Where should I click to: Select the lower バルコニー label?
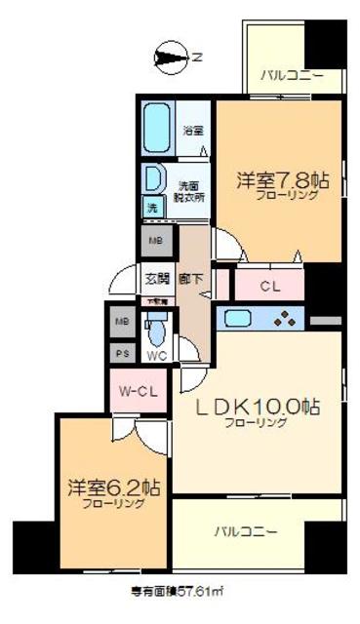click(x=245, y=532)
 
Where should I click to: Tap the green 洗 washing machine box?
click(x=151, y=208)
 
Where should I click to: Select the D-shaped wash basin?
click(x=153, y=179)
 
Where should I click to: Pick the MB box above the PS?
click(x=122, y=322)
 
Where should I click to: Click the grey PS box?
click(x=122, y=353)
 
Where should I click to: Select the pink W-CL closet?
click(x=138, y=391)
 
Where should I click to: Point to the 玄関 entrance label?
click(x=157, y=278)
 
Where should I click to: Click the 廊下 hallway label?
click(x=191, y=278)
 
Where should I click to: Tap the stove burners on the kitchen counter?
click(x=284, y=318)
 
